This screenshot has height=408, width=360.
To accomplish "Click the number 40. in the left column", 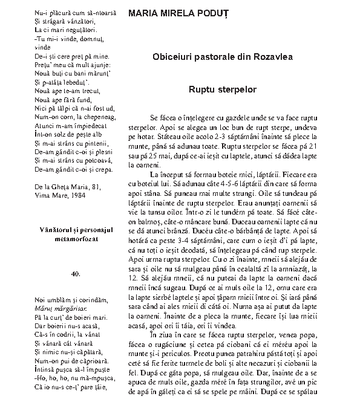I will coord(75,274).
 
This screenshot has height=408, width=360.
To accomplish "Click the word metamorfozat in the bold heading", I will coord(75,238).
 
